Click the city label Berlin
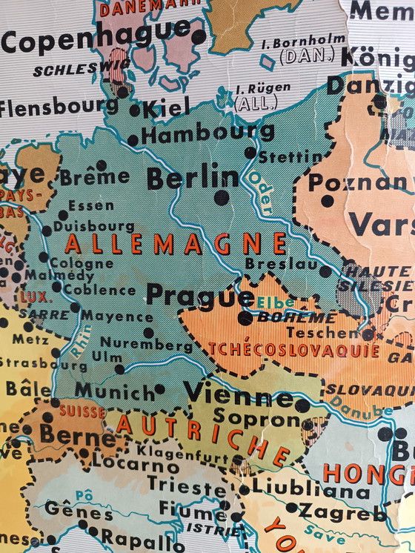click(x=193, y=178)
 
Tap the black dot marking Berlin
click(x=221, y=197)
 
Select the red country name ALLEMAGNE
click(x=176, y=243)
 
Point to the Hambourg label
click(x=207, y=134)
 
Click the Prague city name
click(x=199, y=295)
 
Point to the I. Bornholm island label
click(x=304, y=42)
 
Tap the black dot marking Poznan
click(x=327, y=201)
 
